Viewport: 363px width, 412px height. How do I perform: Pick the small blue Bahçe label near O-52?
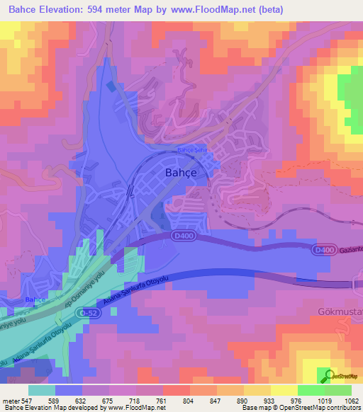pos(35,300)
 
